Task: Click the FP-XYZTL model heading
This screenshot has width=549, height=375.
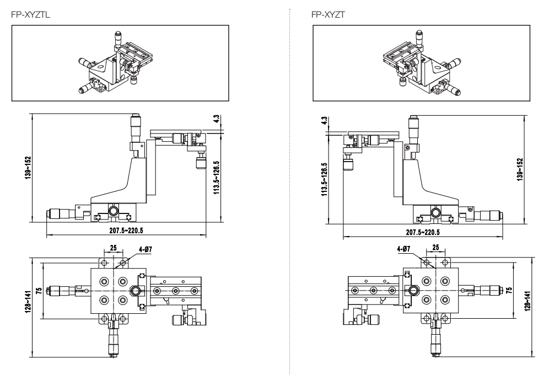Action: coord(30,15)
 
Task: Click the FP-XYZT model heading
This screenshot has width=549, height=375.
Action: coord(328,15)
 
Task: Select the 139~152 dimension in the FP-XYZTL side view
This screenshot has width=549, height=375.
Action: coord(28,168)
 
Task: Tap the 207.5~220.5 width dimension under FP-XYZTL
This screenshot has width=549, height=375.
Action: coord(126,231)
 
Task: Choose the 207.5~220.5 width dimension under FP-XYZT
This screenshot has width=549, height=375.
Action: coord(423,232)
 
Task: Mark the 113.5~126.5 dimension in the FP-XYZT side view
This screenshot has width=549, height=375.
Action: coord(324,179)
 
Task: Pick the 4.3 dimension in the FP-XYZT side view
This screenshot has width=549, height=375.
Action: coord(324,120)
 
